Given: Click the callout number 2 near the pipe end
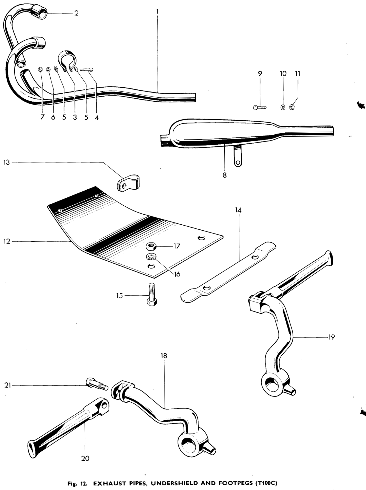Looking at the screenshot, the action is [76, 14].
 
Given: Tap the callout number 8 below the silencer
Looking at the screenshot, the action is [225, 175].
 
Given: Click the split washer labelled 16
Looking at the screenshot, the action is [151, 256].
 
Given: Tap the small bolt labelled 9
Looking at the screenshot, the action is [260, 108].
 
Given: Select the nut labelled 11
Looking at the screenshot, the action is [292, 107].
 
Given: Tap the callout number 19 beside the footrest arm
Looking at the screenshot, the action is [331, 337].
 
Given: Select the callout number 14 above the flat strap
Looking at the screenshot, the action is [238, 210].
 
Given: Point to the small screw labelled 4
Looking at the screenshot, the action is [86, 69].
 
